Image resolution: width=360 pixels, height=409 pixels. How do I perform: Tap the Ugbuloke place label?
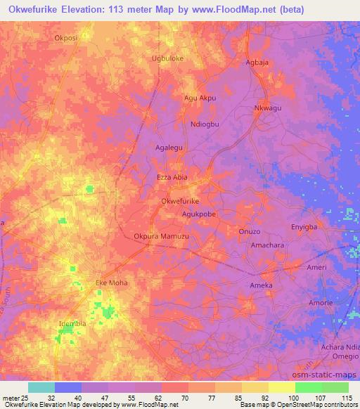[168, 58]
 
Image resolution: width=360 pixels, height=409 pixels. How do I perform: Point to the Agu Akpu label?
[200, 98]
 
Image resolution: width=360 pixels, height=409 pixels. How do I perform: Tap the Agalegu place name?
[169, 148]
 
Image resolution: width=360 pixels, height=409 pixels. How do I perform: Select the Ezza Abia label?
[172, 178]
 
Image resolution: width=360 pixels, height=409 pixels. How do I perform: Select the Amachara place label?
[267, 245]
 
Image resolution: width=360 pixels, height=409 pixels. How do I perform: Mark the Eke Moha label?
[110, 283]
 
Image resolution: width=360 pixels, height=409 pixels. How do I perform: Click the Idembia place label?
[73, 323]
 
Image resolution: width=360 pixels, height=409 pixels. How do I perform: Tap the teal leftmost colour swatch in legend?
[41, 387]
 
